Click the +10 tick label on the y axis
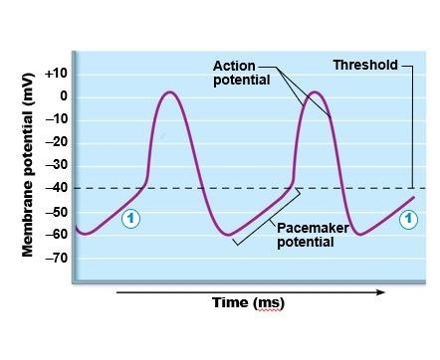tap(56, 74)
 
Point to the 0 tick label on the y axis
tap(62, 96)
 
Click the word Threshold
tap(365, 66)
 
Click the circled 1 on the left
tap(130, 219)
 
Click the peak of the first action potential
tap(170, 92)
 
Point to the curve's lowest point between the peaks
tap(229, 235)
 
